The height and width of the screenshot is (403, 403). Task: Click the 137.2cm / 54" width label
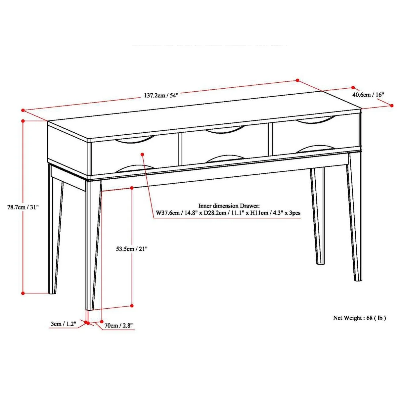click(161, 95)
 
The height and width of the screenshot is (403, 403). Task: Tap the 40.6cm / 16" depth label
click(368, 95)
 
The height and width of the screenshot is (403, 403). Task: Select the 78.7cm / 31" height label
click(23, 207)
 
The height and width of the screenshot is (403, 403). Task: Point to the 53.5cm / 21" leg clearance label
click(132, 249)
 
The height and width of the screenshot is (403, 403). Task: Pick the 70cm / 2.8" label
click(118, 326)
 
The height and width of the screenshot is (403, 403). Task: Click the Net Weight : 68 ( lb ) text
click(359, 318)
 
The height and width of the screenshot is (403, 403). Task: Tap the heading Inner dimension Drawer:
click(229, 206)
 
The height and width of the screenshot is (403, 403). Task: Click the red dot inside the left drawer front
click(142, 154)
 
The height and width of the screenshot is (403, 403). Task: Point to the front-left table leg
click(93, 245)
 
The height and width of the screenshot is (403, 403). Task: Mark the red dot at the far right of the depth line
click(392, 106)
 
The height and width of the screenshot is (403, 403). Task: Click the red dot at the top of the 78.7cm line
click(23, 121)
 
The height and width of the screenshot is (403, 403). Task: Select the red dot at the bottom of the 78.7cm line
click(23, 293)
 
